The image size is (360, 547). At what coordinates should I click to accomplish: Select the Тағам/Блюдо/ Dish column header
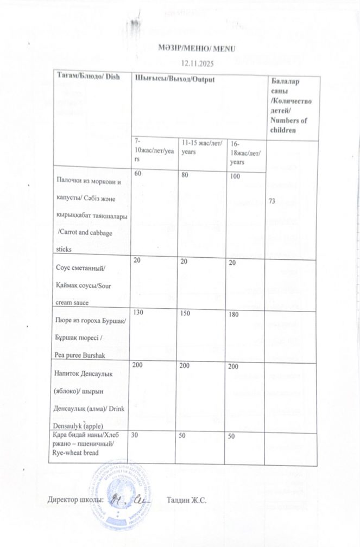[x=88, y=79]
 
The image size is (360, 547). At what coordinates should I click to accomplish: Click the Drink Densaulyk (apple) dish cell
[x=91, y=397]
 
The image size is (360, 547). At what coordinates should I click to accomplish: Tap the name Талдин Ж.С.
[x=187, y=500]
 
